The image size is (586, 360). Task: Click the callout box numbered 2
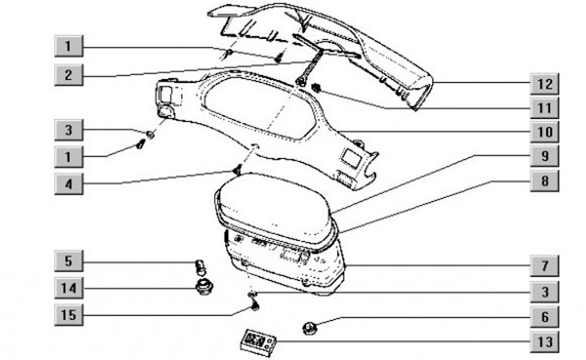[x=69, y=75]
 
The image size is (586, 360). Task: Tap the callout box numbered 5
[x=69, y=261]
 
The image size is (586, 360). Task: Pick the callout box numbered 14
[x=69, y=287]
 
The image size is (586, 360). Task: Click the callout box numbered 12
[x=544, y=83]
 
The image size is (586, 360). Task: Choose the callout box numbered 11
[x=544, y=107]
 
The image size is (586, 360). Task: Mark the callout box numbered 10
[x=544, y=130]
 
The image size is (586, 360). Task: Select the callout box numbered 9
[x=544, y=156]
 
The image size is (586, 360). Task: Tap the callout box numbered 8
[x=544, y=181]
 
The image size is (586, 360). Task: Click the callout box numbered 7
[x=544, y=265]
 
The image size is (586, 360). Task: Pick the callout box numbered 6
[x=544, y=317]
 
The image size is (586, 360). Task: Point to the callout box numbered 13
[x=544, y=340]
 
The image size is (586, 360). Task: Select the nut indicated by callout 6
[x=311, y=328]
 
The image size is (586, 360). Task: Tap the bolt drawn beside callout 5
[x=198, y=265]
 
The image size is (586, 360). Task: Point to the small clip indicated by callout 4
[x=236, y=170]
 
